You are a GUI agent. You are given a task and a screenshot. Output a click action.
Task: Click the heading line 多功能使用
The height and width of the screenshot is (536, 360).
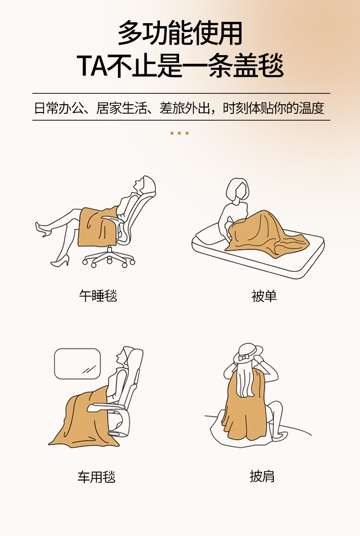click(x=180, y=34)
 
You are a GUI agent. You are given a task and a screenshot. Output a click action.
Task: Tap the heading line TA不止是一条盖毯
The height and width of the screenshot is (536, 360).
click(x=180, y=65)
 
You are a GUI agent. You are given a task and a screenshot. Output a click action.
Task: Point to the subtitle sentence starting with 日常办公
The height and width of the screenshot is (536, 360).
click(x=179, y=108)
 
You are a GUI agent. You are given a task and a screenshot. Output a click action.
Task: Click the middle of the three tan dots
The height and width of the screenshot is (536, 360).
click(x=179, y=133)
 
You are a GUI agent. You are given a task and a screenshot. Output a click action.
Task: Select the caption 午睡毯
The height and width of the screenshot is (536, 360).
click(x=98, y=296)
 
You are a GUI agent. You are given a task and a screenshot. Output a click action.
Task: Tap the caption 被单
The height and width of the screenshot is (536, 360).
click(x=264, y=296)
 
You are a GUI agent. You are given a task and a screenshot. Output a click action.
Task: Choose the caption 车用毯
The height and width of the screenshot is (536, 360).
click(x=97, y=476)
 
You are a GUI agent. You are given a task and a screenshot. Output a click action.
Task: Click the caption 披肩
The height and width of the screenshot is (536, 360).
click(x=262, y=476)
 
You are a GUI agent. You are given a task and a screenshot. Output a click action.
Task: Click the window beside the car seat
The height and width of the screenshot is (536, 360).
click(x=77, y=364)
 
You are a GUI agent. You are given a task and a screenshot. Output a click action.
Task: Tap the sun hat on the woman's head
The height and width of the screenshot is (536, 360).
click(x=248, y=353)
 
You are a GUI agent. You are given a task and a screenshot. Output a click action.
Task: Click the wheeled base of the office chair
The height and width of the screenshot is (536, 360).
click(x=109, y=258)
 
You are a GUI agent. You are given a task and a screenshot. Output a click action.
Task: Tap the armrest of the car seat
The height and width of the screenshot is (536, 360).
click(x=106, y=407)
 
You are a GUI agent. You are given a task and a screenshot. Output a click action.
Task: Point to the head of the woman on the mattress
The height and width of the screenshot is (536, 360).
click(x=237, y=190)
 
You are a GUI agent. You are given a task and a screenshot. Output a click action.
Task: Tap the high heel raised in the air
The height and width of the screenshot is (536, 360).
click(x=42, y=229)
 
